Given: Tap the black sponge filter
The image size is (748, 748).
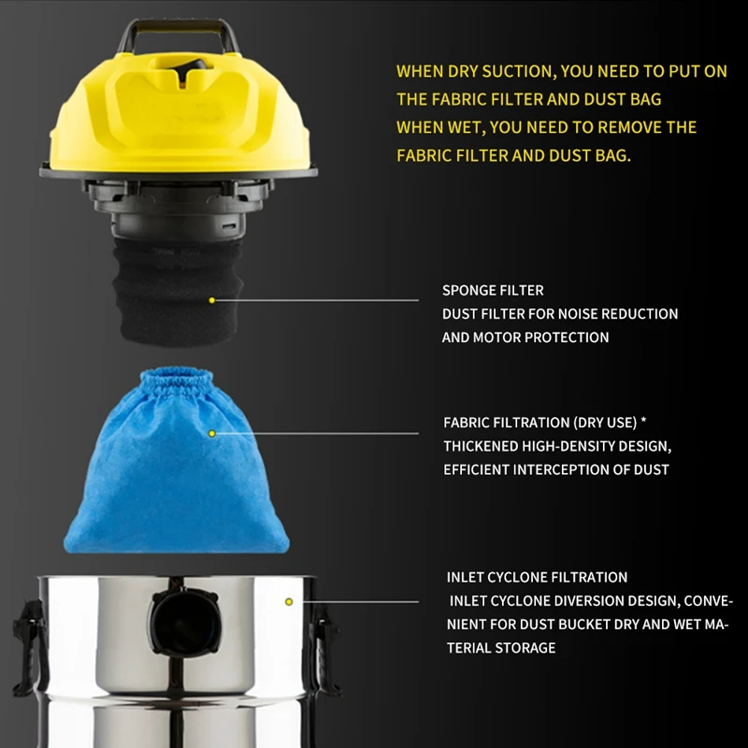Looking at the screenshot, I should (178, 280).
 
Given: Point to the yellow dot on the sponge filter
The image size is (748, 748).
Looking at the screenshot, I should (212, 300).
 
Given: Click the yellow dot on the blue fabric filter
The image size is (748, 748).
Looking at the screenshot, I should (212, 434).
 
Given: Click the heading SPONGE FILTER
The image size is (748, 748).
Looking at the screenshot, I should (493, 291).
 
